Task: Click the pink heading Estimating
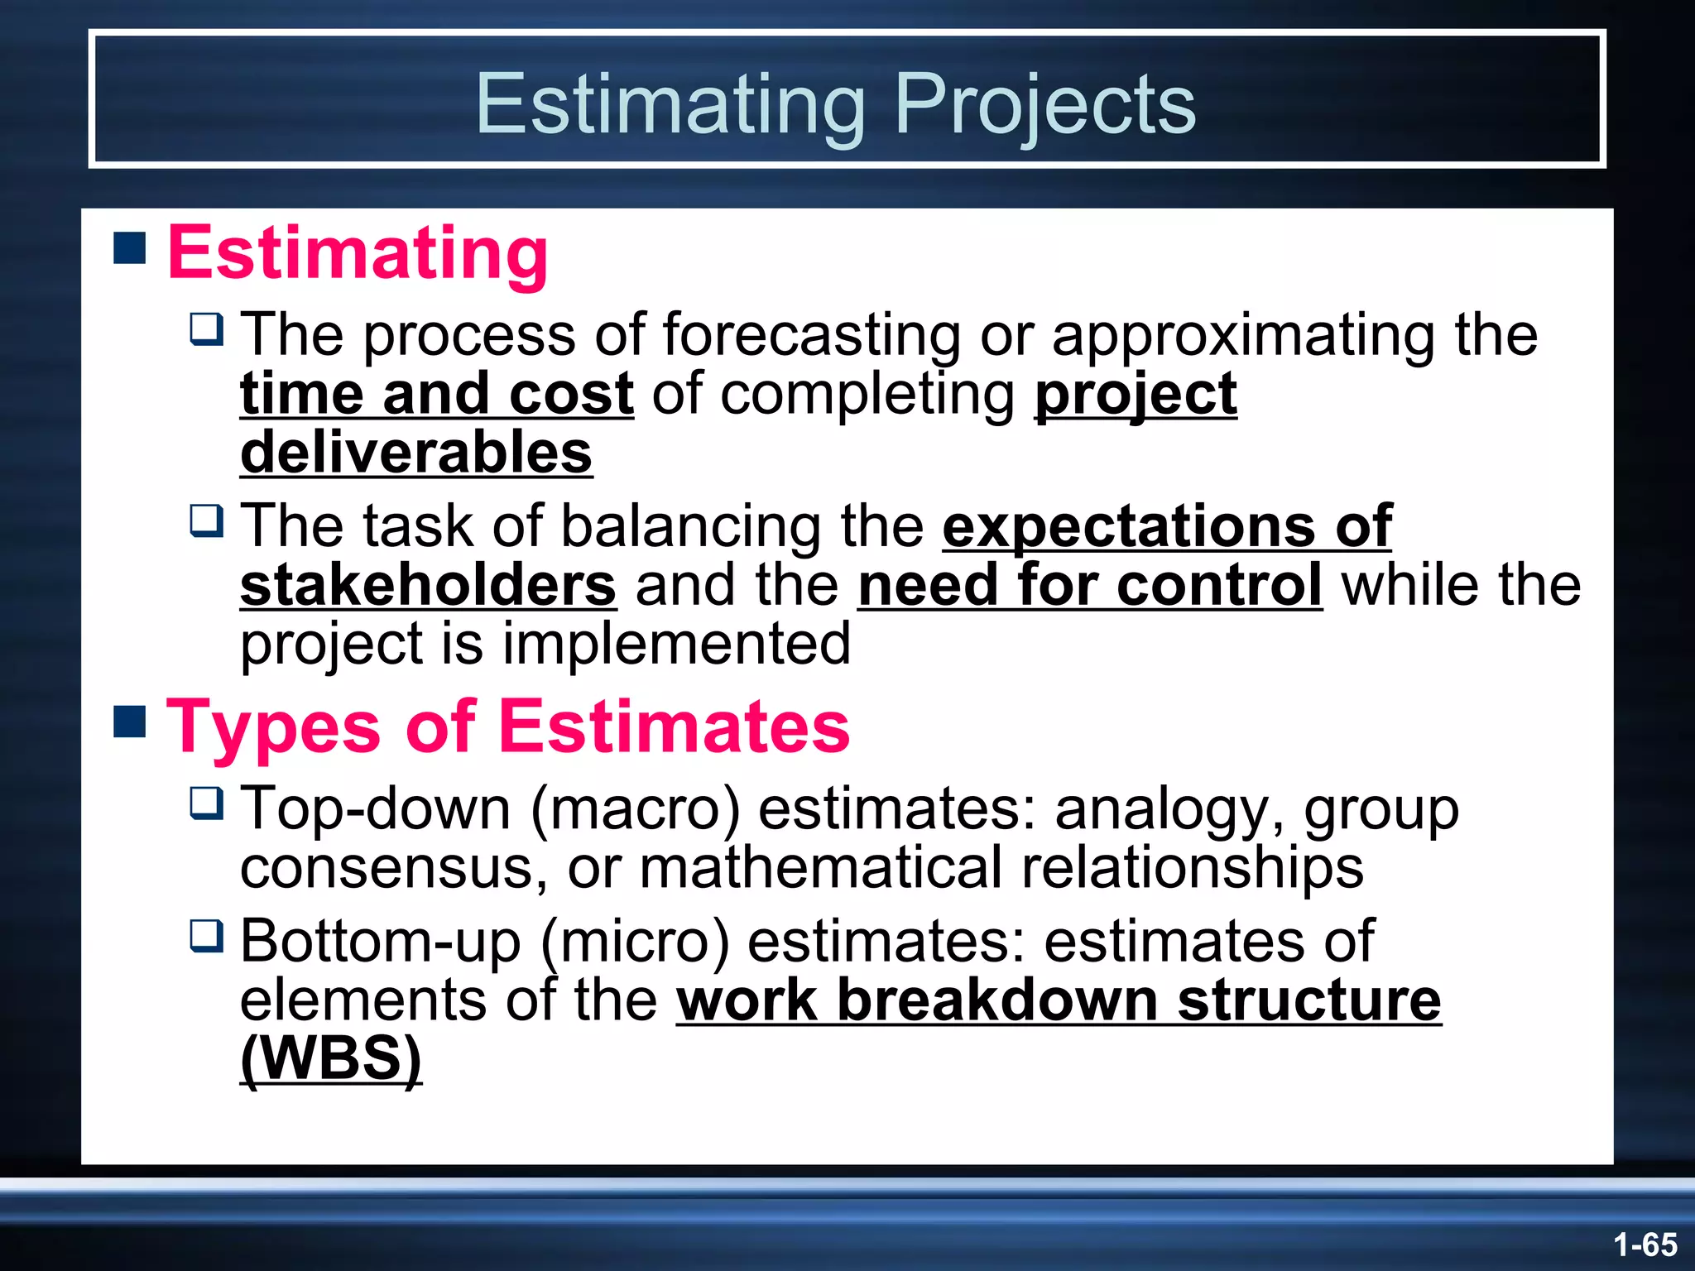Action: coord(358,252)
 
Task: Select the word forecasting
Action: coord(811,335)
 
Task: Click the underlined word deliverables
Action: coord(416,453)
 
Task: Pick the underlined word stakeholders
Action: coord(428,585)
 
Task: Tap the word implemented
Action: coord(676,644)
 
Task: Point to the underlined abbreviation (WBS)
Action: coord(331,1058)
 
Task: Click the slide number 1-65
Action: coord(1645,1245)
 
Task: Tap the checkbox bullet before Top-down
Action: coord(206,803)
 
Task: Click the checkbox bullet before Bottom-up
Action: coord(206,936)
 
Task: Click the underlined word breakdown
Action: coord(997,1000)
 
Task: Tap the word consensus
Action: coord(393,868)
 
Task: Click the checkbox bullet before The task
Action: coord(206,520)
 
